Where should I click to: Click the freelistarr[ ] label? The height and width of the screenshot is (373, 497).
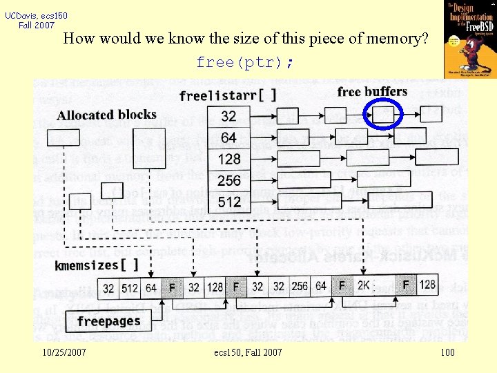coord(227,96)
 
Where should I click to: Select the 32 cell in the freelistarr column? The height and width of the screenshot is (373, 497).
coord(229,116)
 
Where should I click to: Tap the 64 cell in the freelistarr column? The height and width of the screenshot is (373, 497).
coord(229,137)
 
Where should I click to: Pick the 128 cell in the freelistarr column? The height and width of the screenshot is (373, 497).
coord(229,159)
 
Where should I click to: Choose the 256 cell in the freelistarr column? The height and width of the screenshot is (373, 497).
coord(229,180)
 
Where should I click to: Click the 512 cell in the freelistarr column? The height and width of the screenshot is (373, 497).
coord(229,202)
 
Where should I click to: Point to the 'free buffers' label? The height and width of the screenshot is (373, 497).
coord(372,92)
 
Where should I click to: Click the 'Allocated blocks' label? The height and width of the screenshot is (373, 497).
coord(106,115)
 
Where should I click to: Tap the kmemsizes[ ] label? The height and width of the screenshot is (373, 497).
coord(97,265)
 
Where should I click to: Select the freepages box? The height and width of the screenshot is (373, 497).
coord(108,321)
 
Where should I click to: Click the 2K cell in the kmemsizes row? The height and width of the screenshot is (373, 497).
coord(364,286)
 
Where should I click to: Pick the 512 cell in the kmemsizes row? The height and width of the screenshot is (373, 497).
coord(130,287)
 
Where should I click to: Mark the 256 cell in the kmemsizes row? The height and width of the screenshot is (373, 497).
coord(300,286)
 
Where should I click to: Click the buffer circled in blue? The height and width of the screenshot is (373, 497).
coord(384,114)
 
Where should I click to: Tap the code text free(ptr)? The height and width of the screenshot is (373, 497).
coord(245,63)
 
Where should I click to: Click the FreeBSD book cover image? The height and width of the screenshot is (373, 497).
coord(470,39)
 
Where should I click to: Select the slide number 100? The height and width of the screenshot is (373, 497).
coord(447,353)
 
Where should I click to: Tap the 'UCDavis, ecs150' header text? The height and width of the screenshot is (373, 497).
coord(37,15)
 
